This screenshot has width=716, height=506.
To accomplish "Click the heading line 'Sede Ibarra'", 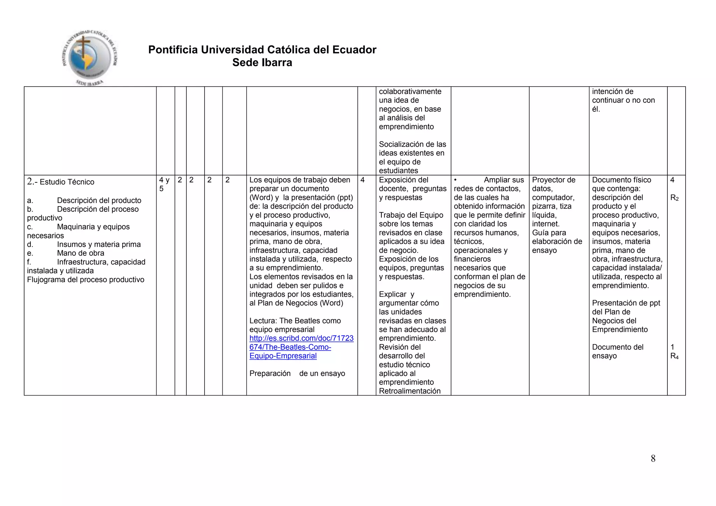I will (x=262, y=63).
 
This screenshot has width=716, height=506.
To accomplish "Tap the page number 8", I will (x=653, y=458).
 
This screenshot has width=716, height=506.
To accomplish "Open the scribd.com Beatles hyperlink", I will (x=301, y=347).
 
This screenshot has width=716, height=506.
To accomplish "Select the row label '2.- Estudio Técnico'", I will (x=61, y=182).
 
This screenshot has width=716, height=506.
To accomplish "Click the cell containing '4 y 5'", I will (x=164, y=184).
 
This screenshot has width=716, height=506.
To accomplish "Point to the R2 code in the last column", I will (x=674, y=198).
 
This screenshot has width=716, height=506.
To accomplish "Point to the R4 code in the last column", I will (x=674, y=356).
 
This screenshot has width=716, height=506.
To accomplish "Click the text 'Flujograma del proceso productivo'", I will (x=86, y=280).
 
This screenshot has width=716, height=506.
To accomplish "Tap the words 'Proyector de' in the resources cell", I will (x=553, y=180).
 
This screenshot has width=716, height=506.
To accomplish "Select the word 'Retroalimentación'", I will (x=410, y=391).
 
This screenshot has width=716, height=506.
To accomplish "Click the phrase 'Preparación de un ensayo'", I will (x=297, y=374).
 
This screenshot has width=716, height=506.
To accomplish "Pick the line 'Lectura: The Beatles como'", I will (x=295, y=321).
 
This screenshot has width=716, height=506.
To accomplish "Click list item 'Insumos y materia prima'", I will (x=99, y=244).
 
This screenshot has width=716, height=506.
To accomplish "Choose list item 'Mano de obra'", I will (x=80, y=253).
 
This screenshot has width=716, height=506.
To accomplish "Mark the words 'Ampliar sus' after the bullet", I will (x=504, y=180).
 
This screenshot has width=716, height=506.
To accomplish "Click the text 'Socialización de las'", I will (x=413, y=144).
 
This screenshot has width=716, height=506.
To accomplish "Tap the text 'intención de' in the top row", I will (x=613, y=92).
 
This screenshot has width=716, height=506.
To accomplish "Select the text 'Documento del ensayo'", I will (x=617, y=352).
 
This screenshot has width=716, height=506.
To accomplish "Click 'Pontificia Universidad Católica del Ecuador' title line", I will (x=262, y=50).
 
